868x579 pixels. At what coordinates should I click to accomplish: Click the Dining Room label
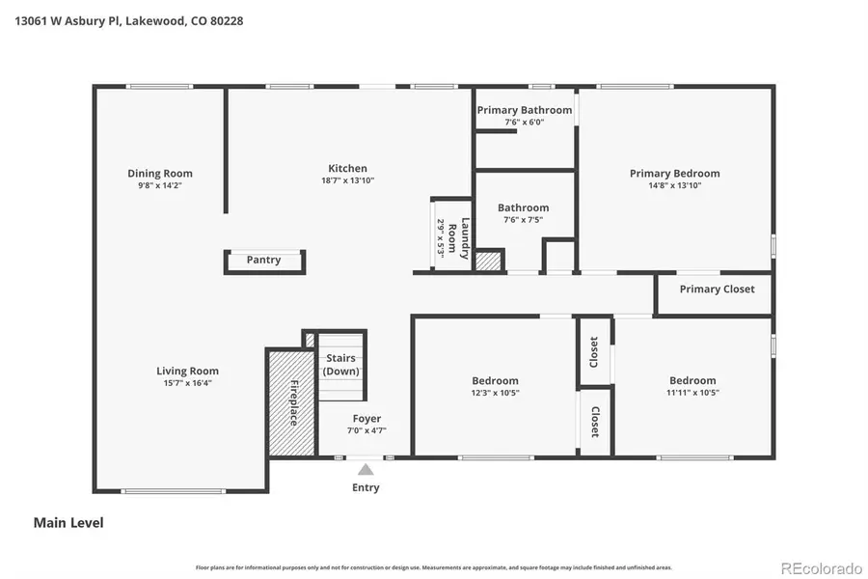[159, 174]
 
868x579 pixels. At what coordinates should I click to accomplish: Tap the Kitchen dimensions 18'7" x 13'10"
[347, 180]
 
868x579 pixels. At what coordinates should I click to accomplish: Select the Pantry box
[264, 261]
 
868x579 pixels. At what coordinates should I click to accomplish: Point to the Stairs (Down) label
[341, 365]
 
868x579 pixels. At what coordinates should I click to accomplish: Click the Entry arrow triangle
[366, 470]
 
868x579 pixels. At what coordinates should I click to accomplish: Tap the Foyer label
[366, 419]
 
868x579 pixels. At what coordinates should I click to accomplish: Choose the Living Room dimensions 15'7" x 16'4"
[187, 383]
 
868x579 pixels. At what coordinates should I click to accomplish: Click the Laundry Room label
[464, 237]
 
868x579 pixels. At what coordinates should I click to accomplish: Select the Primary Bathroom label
[525, 110]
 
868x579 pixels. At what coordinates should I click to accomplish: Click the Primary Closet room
[717, 289]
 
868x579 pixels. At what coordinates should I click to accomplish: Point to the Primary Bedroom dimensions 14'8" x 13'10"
[674, 185]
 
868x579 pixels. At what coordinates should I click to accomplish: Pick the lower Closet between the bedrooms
[594, 422]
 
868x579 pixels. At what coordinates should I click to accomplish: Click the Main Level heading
[68, 523]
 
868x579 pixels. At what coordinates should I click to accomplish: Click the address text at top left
[128, 19]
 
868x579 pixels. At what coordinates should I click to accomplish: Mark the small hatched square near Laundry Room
[489, 261]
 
